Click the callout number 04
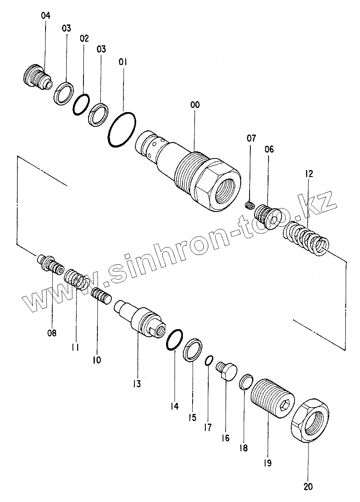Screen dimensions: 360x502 [x=46, y=16]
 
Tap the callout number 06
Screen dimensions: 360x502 [x=269, y=149]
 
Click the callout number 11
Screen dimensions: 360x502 [x=76, y=347]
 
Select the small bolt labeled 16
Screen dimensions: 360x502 [x=227, y=371]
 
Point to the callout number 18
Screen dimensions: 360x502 [x=244, y=447]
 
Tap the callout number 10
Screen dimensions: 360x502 [x=97, y=360]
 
